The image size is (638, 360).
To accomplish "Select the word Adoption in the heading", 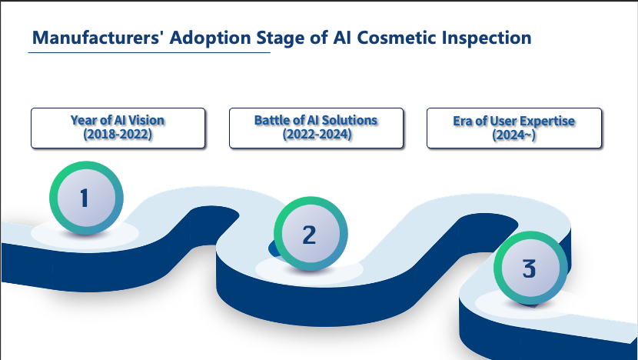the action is tap(210, 38).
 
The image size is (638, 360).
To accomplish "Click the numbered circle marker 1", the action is tap(86, 198).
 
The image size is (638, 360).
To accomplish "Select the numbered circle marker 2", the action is tap(311, 234).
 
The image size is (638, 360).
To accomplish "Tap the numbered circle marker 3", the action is tap(530, 268).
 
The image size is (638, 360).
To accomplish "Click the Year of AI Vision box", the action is tap(118, 128).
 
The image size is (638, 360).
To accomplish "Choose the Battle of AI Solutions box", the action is tap(316, 128).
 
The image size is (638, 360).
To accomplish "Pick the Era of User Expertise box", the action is tap(514, 128).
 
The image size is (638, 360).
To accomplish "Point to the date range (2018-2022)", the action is tap(118, 134).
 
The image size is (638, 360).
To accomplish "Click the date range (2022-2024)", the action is tap(317, 134).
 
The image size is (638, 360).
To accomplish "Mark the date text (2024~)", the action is tap(514, 135).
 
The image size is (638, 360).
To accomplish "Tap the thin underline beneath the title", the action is tap(149, 52).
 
